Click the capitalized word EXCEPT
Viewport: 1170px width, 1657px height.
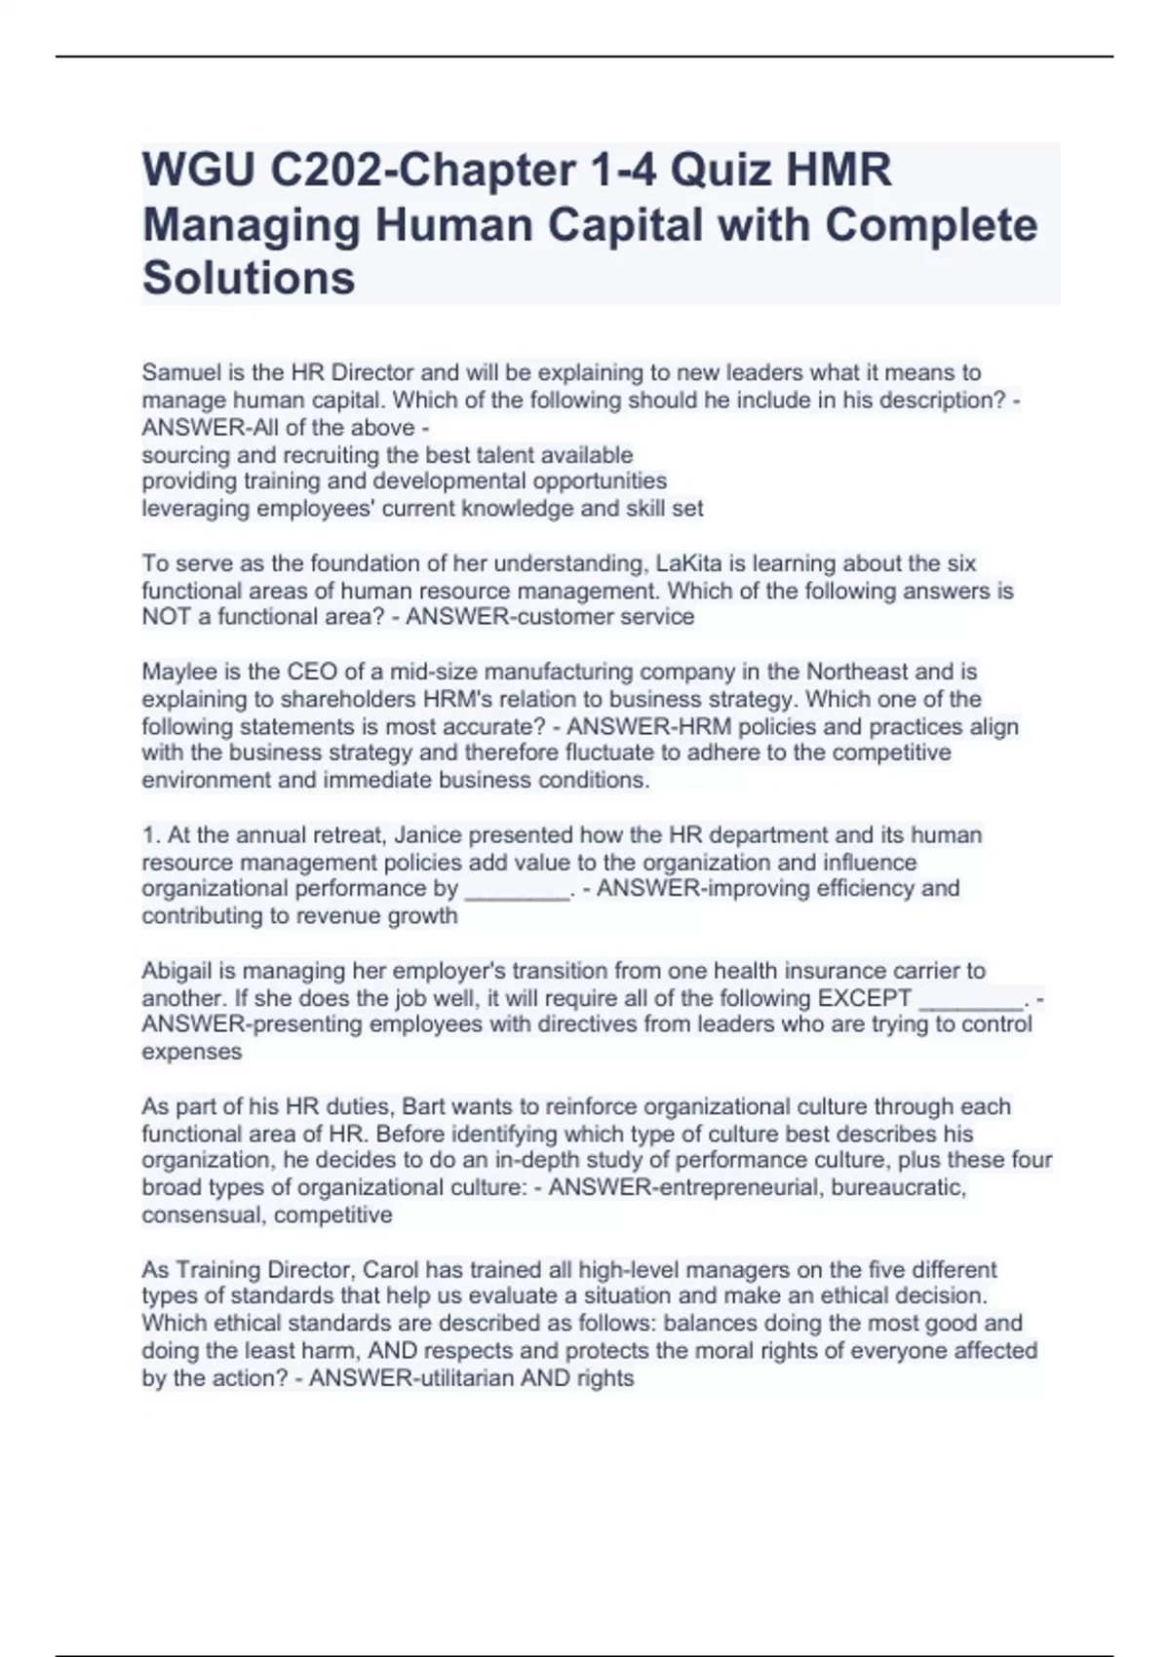click(x=864, y=998)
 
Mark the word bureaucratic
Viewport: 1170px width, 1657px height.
click(x=898, y=1187)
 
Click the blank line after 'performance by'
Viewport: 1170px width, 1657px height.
click(x=517, y=889)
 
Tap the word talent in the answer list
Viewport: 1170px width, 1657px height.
click(x=504, y=455)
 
